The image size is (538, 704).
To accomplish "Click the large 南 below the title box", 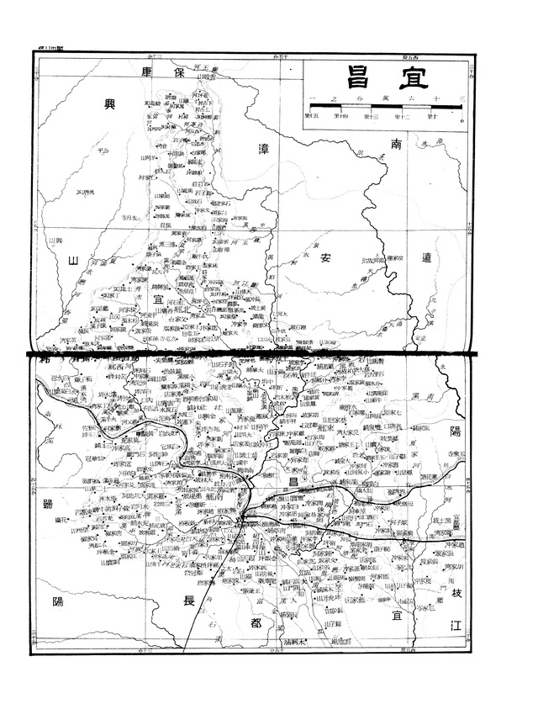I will [398, 146].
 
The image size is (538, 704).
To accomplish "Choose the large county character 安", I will [329, 258].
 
